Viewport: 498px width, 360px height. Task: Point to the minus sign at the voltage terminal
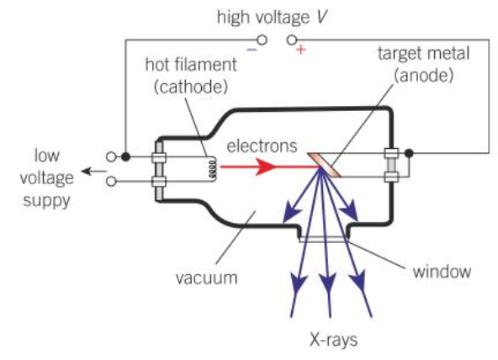(x=251, y=50)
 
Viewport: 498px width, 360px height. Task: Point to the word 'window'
(x=442, y=272)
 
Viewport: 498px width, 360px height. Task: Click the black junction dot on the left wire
(x=125, y=156)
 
